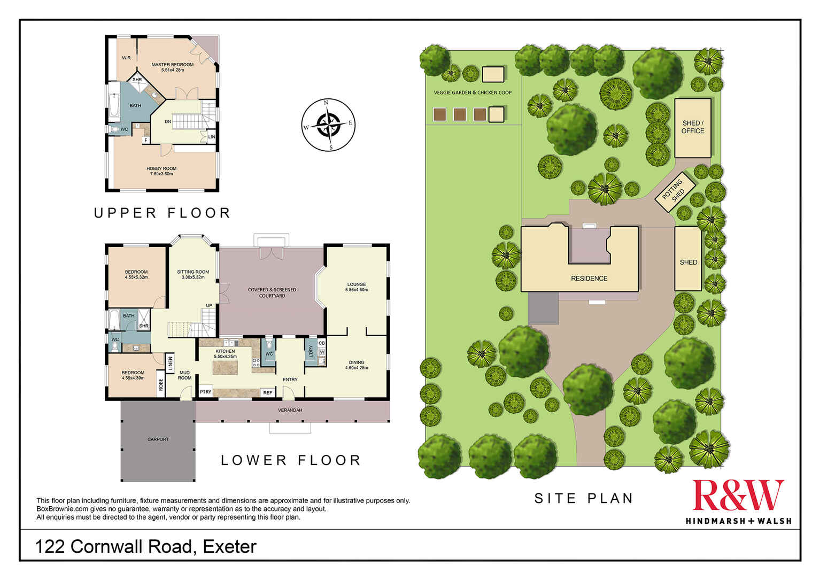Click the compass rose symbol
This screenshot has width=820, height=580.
[328, 125]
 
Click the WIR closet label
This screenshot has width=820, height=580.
[126, 58]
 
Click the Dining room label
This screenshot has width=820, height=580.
[357, 365]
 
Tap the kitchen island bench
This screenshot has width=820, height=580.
[225, 367]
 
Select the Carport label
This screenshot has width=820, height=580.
[158, 439]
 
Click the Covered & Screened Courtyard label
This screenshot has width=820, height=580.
[272, 292]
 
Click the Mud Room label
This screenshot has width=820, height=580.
[184, 375]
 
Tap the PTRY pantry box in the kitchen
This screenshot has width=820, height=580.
[205, 392]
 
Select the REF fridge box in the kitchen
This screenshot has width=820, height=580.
[268, 393]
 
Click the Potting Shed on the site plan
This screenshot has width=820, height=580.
[675, 190]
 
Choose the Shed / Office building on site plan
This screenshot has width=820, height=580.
[693, 127]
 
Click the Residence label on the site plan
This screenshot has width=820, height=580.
[589, 279]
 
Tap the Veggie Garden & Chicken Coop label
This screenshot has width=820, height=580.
[473, 92]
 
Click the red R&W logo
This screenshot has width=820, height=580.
[738, 495]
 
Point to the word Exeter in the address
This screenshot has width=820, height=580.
[230, 547]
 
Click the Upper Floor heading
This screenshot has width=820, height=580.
[162, 213]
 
